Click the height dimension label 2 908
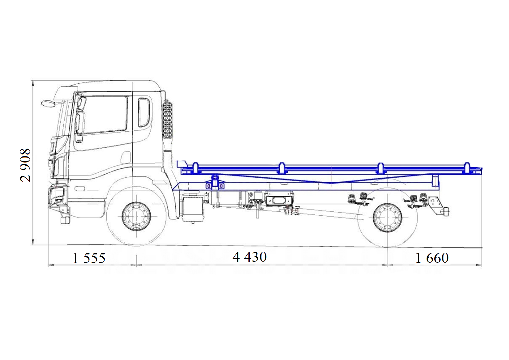(25, 165)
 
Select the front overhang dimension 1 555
(89, 258)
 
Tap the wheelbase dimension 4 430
(249, 257)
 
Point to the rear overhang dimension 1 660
(432, 258)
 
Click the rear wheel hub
(388, 218)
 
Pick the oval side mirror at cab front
(48, 103)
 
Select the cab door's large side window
(105, 115)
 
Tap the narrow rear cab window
(144, 113)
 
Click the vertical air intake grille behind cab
(167, 120)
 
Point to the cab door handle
(79, 139)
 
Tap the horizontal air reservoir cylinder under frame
(229, 199)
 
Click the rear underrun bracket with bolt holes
(434, 205)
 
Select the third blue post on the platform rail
(380, 169)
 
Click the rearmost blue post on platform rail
(467, 168)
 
